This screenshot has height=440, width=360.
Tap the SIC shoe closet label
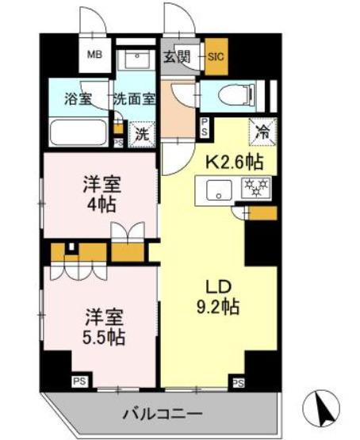[x=215, y=55]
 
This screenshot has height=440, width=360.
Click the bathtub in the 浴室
[x=75, y=132]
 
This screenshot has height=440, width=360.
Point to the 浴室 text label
[x=78, y=100]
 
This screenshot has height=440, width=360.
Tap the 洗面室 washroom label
[x=134, y=100]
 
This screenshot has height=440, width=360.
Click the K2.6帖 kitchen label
[x=235, y=163]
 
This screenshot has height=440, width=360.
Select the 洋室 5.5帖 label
[x=102, y=325]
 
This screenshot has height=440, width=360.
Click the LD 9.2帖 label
[x=218, y=295]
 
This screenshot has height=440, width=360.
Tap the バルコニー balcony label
[x=163, y=413]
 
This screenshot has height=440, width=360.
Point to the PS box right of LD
[x=237, y=382]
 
